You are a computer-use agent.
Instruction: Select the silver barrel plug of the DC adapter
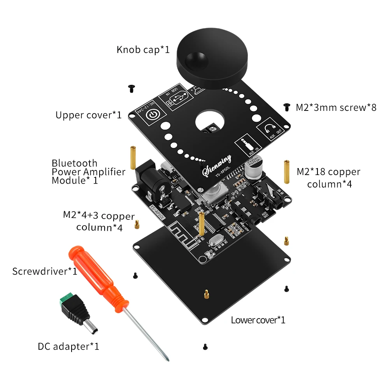pyautogui.click(x=91, y=327)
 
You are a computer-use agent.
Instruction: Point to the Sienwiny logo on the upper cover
pyautogui.click(x=217, y=165)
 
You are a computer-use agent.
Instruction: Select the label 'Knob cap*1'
pyautogui.click(x=143, y=50)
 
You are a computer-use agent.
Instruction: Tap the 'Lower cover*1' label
pyautogui.click(x=258, y=320)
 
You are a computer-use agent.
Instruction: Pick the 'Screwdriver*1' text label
pyautogui.click(x=45, y=271)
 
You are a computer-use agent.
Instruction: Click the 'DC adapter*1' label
pyautogui.click(x=68, y=346)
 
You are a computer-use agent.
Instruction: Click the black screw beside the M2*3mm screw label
pyautogui.click(x=287, y=106)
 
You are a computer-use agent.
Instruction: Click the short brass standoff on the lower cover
pyautogui.click(x=205, y=294)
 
